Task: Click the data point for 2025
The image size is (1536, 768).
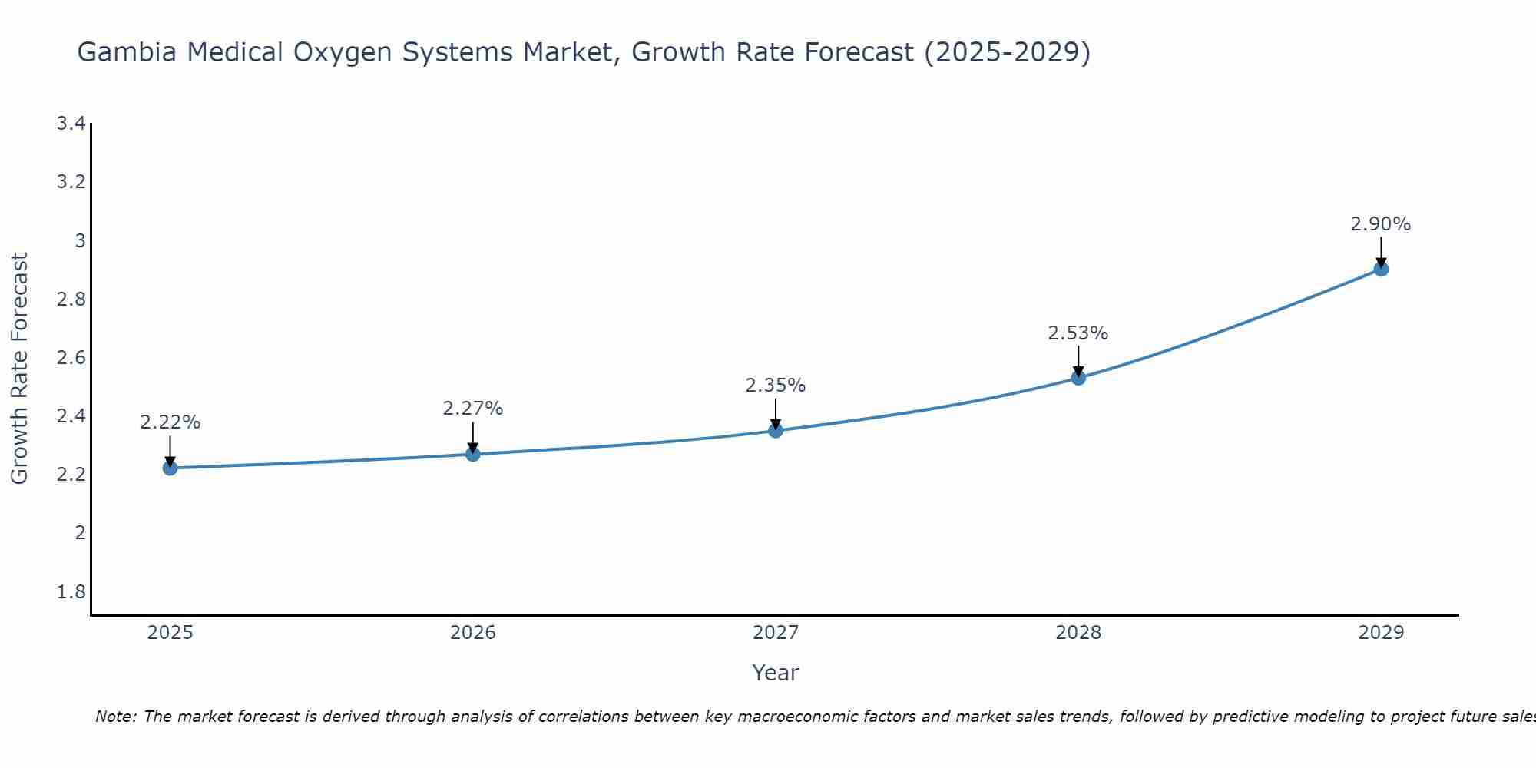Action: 170,468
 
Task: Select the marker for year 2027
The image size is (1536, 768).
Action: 776,430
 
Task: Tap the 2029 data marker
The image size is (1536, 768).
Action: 1381,269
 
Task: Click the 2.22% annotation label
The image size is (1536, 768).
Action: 170,422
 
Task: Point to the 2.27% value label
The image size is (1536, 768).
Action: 473,409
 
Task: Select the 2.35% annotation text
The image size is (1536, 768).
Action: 776,386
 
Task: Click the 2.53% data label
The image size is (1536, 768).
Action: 1078,333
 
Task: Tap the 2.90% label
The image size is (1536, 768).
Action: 1381,224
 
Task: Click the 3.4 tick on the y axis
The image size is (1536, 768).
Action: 71,124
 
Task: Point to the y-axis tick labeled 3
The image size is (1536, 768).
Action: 79,241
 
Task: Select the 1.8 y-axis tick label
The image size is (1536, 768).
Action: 71,592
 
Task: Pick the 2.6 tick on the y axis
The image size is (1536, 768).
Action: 71,358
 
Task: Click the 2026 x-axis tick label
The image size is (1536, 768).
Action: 473,633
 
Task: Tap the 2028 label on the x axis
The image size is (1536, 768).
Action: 1078,633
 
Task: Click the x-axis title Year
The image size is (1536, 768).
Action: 776,673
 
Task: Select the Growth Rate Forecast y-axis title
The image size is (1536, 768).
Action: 19,369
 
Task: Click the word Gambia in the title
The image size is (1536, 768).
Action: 127,52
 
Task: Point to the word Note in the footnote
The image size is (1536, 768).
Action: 116,717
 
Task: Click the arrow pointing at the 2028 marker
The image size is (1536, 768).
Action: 1078,360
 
